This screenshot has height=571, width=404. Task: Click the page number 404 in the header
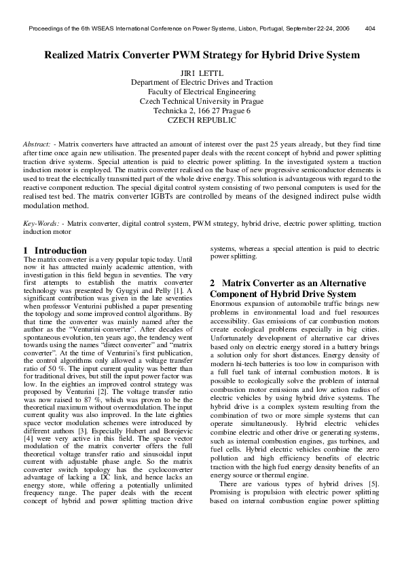click(370, 29)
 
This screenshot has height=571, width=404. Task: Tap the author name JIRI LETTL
click(202, 73)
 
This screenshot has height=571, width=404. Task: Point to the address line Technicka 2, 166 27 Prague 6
click(202, 110)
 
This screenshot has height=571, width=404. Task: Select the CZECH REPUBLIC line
click(202, 119)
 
